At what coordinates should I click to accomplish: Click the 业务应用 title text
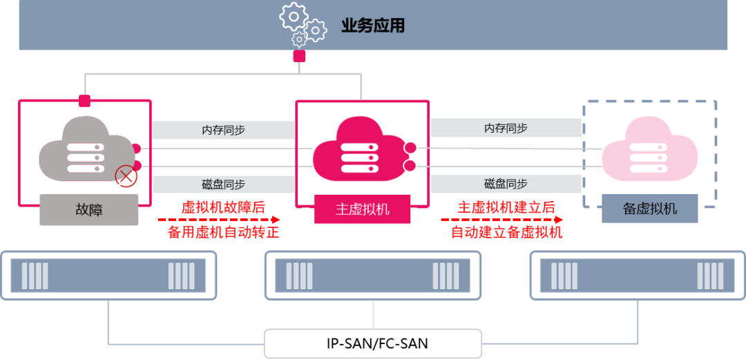click(372, 26)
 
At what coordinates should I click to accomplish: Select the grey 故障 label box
click(88, 209)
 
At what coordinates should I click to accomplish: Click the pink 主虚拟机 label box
click(363, 209)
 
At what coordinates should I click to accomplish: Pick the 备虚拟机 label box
click(650, 209)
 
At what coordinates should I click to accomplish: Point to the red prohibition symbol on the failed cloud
click(126, 176)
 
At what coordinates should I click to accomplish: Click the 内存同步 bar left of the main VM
click(223, 130)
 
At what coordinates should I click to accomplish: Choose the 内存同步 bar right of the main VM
click(505, 128)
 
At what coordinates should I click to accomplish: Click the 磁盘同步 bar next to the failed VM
click(223, 184)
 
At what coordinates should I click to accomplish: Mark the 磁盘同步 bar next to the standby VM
click(505, 184)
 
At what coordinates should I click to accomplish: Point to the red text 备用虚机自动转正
click(223, 232)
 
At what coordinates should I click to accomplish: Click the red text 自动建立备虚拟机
click(506, 232)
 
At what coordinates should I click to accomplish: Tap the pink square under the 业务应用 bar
click(299, 56)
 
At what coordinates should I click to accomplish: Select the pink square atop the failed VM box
click(84, 101)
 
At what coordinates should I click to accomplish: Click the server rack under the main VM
click(373, 275)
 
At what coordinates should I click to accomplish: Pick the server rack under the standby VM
click(637, 275)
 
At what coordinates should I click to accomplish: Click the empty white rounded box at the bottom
click(373, 343)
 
